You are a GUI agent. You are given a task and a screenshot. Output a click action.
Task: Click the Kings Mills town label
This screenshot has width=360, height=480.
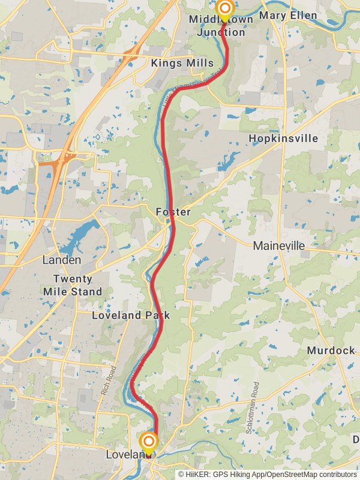pyautogui.click(x=182, y=64)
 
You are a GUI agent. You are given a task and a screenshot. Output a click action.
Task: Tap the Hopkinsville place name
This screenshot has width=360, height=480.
pyautogui.click(x=283, y=139)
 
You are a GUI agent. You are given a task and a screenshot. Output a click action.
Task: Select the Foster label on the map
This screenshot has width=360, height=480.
pyautogui.click(x=173, y=212)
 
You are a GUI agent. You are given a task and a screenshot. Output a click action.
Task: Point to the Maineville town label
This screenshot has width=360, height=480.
pyautogui.click(x=279, y=246)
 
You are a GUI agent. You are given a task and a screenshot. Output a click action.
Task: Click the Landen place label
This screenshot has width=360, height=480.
pyautogui.click(x=62, y=260)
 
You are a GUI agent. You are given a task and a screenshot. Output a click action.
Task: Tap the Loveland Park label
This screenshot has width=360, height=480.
pyautogui.click(x=131, y=315)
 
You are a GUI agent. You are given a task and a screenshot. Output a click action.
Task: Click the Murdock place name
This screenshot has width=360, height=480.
pyautogui.click(x=331, y=350)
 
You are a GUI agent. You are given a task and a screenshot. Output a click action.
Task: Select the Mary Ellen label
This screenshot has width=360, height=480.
pyautogui.click(x=287, y=16)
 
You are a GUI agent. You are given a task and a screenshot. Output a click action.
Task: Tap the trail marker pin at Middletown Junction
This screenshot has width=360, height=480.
pyautogui.click(x=224, y=9)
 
